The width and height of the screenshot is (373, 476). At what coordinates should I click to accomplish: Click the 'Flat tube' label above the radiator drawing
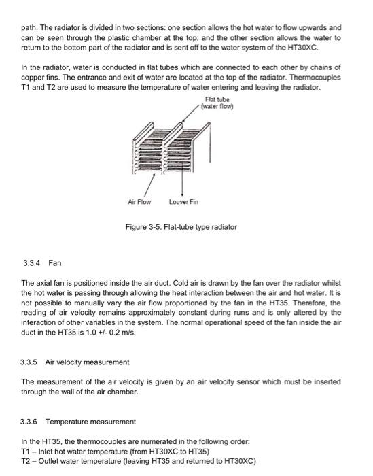215,100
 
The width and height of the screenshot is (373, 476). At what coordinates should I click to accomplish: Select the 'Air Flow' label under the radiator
139,202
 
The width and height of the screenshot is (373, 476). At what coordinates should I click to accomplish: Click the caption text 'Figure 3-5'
143,226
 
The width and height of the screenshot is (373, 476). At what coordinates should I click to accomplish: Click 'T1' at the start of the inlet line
26,452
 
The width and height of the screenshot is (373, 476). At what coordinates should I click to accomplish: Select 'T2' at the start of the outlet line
26,460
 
